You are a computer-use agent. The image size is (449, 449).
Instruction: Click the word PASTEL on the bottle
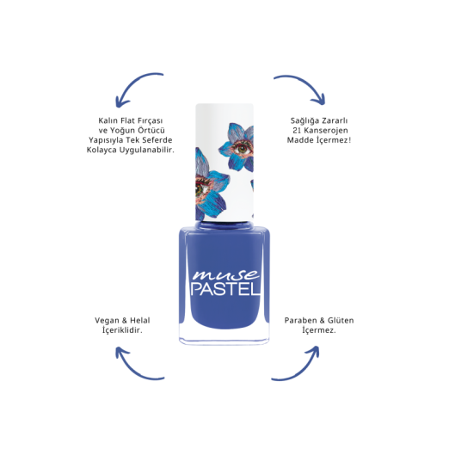(x=225, y=289)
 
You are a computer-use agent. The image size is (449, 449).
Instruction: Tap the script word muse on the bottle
(x=225, y=274)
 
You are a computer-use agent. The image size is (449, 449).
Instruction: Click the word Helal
(x=140, y=320)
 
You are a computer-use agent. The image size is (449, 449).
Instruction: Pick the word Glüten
(x=341, y=320)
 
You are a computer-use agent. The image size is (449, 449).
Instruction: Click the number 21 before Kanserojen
(x=297, y=131)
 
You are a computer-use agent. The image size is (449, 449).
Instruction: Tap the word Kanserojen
(x=326, y=131)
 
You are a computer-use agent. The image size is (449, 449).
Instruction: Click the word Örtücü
(x=151, y=131)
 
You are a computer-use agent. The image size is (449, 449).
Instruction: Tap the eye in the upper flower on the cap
(x=243, y=148)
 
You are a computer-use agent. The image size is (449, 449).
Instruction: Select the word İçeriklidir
(x=122, y=330)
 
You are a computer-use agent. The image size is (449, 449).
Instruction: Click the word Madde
(x=300, y=140)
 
